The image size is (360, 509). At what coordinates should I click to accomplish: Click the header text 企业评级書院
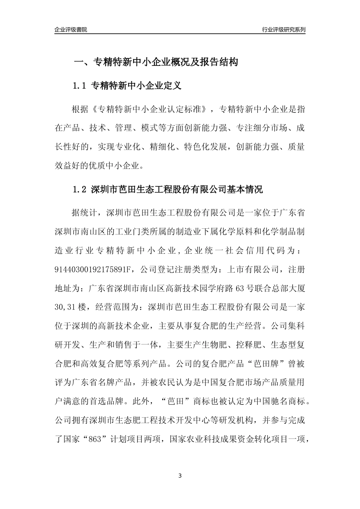[71, 30]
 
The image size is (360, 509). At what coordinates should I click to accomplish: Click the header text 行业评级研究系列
[283, 30]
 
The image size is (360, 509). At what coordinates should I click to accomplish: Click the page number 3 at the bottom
[180, 476]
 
